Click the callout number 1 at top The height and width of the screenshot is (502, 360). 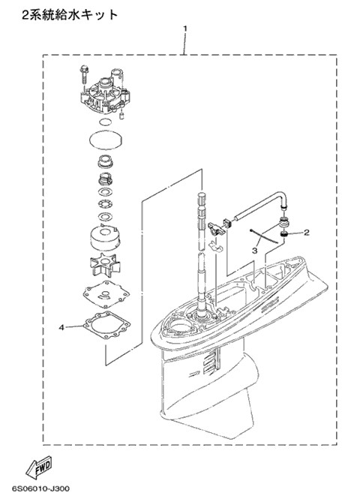pos(184,29)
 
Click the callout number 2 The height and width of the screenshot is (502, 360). pos(306,233)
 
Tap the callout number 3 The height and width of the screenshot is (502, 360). pos(255,251)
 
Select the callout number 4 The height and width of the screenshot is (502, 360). pos(62,327)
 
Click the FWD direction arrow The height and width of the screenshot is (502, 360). pos(39,466)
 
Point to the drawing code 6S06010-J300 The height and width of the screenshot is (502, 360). pos(40,489)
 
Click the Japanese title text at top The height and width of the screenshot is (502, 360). pos(70,15)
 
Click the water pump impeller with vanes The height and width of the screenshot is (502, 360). pos(105,264)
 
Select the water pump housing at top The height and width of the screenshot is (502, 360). pos(106,93)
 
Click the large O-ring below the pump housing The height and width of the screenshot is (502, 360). pos(106,140)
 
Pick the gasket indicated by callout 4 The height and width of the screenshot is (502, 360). pos(106,326)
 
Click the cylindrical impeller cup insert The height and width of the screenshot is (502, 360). pos(105,237)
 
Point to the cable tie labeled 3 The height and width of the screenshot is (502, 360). pos(264,236)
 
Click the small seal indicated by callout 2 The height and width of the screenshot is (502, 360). pos(283,236)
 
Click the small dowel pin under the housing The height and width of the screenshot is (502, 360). pos(121,116)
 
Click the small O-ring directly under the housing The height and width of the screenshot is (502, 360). pos(105,122)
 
